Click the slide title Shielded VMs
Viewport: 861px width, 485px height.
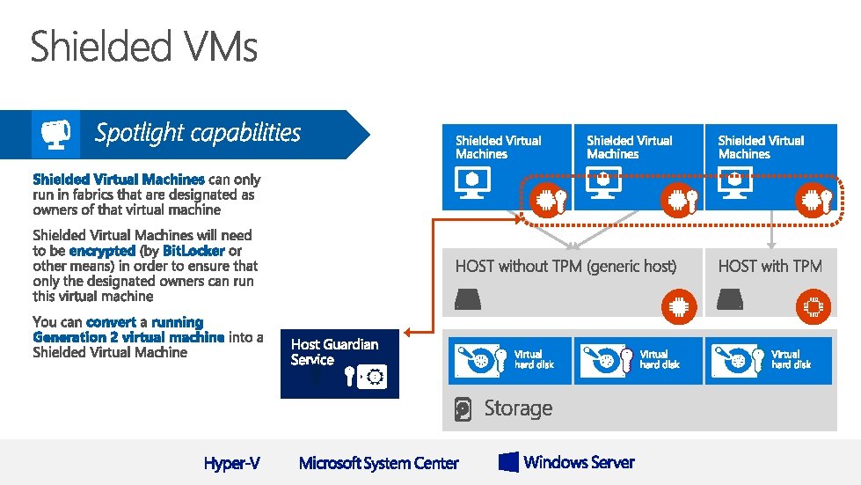(144, 46)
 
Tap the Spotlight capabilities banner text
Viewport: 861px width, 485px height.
(198, 133)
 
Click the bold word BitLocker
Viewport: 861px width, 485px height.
(193, 251)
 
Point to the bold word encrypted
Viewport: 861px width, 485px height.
(102, 251)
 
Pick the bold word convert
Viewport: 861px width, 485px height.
(111, 322)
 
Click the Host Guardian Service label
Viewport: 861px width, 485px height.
(334, 351)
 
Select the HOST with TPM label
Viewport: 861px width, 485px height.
(770, 266)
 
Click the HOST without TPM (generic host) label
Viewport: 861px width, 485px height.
(565, 266)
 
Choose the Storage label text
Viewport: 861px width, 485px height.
(518, 408)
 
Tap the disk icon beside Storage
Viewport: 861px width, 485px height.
(463, 409)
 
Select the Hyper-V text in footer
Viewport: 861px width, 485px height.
(231, 463)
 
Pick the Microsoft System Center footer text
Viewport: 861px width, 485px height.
(379, 463)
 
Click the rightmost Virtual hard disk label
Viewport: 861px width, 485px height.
(785, 359)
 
